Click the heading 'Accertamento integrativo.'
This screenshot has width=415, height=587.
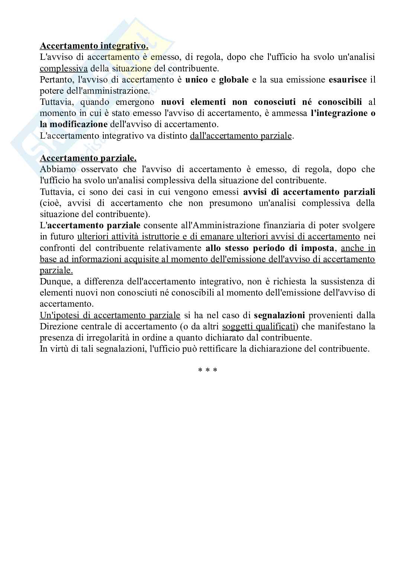click(94, 46)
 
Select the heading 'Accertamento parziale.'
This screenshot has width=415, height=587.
click(88, 158)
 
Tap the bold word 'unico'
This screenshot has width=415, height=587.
click(196, 80)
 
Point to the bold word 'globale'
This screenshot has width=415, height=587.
click(234, 80)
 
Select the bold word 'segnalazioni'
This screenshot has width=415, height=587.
click(279, 316)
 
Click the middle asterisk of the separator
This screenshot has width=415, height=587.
click(207, 371)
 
